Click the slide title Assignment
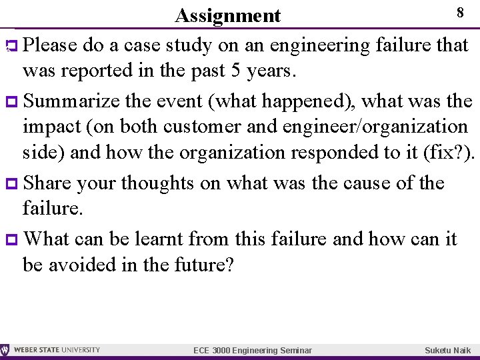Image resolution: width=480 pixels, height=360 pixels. (227, 15)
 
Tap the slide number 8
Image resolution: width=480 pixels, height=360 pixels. (459, 13)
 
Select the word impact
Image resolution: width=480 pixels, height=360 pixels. (53, 127)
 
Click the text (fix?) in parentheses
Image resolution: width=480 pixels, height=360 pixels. (449, 152)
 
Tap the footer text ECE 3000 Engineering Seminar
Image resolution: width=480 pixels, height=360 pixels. (252, 350)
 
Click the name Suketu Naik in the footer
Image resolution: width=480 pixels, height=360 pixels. (447, 350)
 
